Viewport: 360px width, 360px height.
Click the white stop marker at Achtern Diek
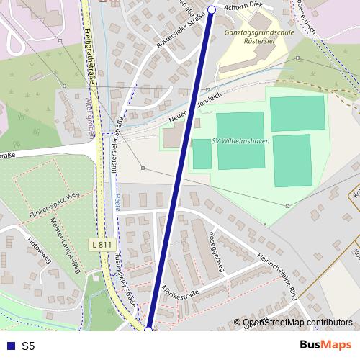(212, 9)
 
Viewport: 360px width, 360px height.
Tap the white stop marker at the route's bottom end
(148, 330)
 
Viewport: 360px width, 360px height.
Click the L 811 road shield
(102, 245)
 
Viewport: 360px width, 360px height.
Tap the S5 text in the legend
(28, 346)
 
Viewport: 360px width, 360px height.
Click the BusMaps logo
(325, 345)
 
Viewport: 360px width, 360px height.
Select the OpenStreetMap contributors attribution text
(297, 323)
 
